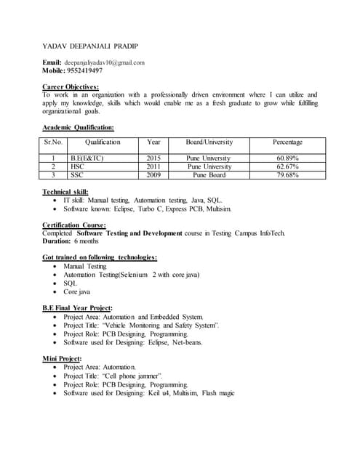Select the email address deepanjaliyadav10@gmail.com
105,62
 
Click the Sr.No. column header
54,142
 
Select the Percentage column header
287,142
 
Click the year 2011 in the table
153,166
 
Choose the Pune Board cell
209,175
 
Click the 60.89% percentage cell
287,158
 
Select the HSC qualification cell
78,166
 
